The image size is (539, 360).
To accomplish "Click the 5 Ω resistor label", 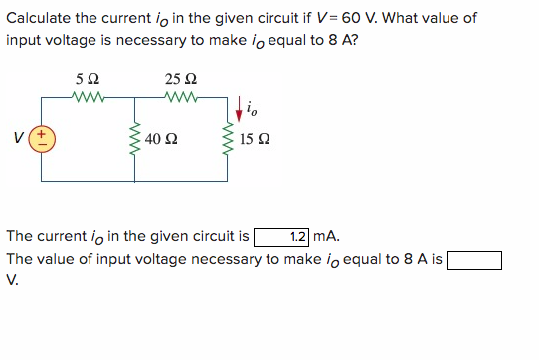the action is point(86,78).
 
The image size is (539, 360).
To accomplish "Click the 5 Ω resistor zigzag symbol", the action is point(88,96).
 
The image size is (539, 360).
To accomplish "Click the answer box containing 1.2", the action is point(282,237).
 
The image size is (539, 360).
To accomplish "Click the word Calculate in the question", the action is point(39,18).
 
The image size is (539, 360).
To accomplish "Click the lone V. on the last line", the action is point(12,279).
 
